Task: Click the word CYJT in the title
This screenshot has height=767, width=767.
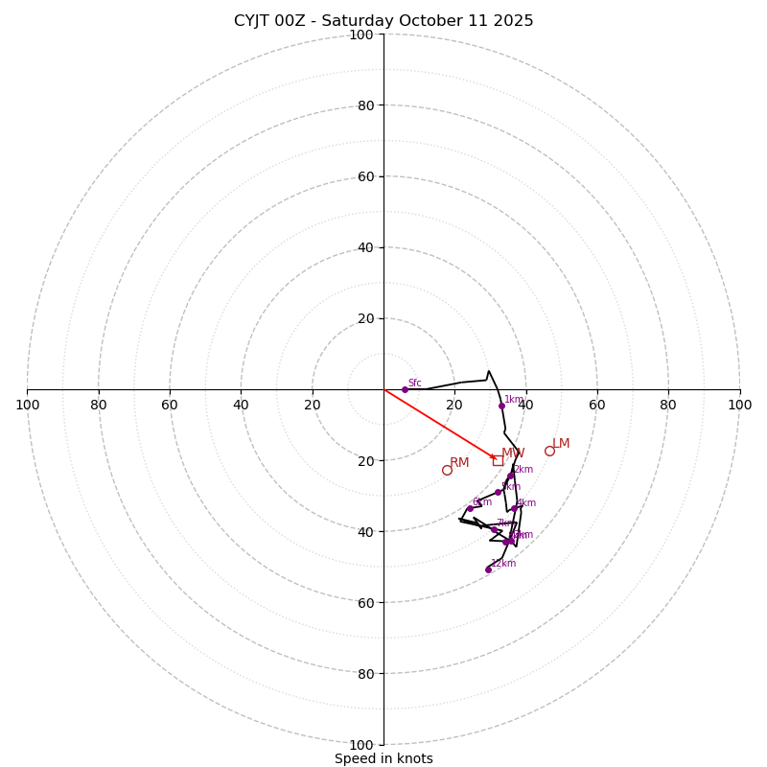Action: click(x=253, y=21)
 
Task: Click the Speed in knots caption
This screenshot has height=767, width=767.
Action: click(x=383, y=758)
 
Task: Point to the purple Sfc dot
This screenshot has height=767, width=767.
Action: click(x=405, y=389)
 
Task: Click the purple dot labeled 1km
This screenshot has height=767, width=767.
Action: click(x=501, y=406)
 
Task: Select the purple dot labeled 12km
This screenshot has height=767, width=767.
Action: click(x=488, y=569)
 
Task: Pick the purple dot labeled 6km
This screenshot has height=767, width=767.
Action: click(x=470, y=509)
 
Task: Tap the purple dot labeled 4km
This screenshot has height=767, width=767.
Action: click(x=514, y=509)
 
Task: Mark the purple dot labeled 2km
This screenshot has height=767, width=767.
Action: click(x=511, y=476)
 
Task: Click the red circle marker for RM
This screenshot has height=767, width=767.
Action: click(x=447, y=470)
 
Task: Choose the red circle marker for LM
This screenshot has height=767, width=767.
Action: click(x=549, y=451)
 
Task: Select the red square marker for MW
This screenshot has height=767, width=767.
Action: click(x=498, y=460)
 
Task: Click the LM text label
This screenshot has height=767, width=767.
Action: click(x=561, y=444)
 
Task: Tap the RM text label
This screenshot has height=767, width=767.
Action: click(x=459, y=463)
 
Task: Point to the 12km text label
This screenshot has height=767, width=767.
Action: click(x=503, y=564)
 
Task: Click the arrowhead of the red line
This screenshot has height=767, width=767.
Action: click(x=493, y=457)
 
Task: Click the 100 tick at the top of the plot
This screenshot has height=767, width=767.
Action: click(x=361, y=35)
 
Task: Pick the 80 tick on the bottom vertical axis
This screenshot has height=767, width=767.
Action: click(x=361, y=674)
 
